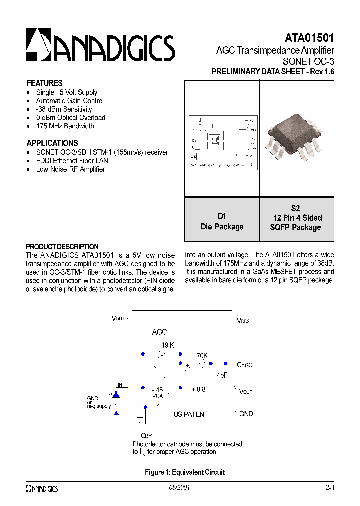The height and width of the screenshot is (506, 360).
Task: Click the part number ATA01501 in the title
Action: [x=309, y=38]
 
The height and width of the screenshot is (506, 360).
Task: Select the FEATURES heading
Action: [x=44, y=83]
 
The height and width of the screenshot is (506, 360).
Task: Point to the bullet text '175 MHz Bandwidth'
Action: [x=65, y=126]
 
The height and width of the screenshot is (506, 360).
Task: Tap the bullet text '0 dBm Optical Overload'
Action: [x=70, y=118]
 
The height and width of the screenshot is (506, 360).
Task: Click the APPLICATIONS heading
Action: [x=52, y=143]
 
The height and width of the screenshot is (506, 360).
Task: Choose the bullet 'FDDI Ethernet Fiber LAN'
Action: [x=72, y=161]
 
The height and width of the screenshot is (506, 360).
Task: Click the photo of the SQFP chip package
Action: [x=296, y=138]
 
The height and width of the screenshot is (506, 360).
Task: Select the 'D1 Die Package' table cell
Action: [x=222, y=221]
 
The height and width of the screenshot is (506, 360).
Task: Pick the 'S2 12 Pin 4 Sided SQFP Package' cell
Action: [x=296, y=218]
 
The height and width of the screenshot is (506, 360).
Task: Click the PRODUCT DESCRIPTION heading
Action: [x=62, y=247]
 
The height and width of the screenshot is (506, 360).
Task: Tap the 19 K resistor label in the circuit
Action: [x=168, y=345]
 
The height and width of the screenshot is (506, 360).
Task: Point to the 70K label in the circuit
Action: [x=202, y=356]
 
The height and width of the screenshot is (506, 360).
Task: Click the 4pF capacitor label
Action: [x=222, y=375]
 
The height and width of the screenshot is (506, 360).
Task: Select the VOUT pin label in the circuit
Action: [x=245, y=392]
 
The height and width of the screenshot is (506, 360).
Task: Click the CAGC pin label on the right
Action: [x=244, y=365]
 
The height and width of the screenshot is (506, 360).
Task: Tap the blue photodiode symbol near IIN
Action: [x=116, y=395]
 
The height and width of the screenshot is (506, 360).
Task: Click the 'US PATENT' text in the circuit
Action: [x=190, y=414]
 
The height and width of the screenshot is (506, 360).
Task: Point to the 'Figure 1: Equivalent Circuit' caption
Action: [x=185, y=472]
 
